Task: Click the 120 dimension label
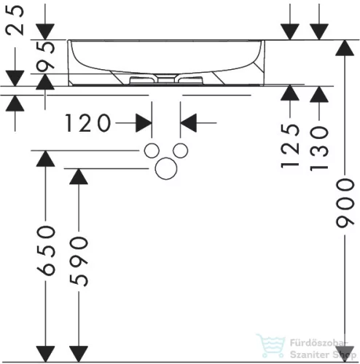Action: tap(87, 123)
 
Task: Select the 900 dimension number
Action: tap(345, 203)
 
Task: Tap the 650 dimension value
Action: tap(46, 251)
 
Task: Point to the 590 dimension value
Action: tap(79, 261)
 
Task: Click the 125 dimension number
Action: tap(290, 146)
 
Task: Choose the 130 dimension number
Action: tap(319, 148)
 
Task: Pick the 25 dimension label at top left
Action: tap(15, 20)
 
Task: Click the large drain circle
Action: tap(166, 168)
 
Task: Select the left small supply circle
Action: tap(152, 151)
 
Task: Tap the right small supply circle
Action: tap(180, 151)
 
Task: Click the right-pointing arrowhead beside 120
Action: tap(144, 123)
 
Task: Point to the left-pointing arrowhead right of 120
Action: tap(188, 123)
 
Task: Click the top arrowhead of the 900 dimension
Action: tap(345, 48)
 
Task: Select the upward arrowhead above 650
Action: tap(45, 159)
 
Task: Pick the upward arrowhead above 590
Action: tap(79, 176)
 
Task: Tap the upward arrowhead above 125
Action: tap(290, 92)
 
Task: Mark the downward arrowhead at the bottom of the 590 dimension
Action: tap(79, 354)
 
